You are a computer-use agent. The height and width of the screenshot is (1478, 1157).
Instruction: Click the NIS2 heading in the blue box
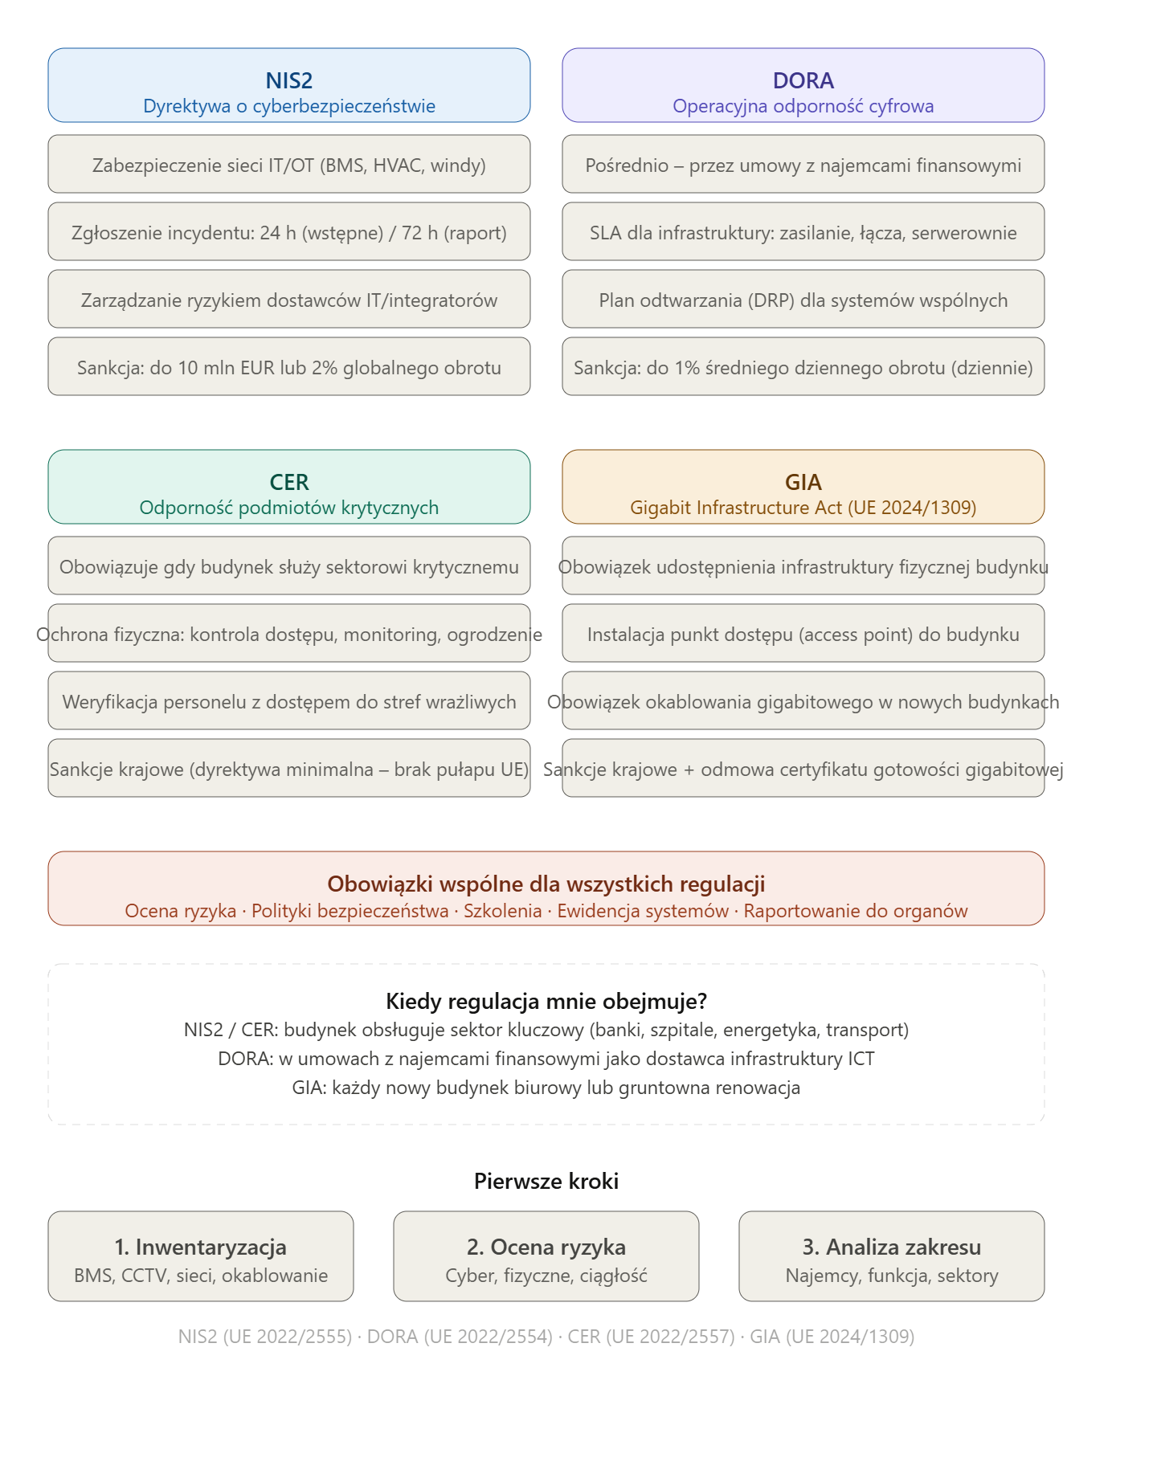[x=289, y=80]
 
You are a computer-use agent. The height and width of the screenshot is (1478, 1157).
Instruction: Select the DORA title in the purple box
[x=803, y=80]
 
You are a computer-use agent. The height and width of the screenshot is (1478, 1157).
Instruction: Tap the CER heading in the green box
[x=289, y=482]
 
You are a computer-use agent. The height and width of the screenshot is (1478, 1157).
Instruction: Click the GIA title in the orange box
[x=803, y=482]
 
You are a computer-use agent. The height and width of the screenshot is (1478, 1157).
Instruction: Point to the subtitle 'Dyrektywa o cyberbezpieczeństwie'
[x=289, y=106]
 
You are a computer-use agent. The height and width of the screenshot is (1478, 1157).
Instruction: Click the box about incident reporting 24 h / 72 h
[x=289, y=231]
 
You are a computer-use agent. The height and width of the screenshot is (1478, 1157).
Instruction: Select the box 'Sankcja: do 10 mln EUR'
[x=289, y=366]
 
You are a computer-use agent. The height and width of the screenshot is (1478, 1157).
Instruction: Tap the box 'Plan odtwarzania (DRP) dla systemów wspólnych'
[x=803, y=299]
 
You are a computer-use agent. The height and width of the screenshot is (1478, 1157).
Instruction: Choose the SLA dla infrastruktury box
[x=803, y=231]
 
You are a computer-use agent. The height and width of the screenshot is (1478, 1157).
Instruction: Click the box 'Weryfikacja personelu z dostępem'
[x=289, y=700]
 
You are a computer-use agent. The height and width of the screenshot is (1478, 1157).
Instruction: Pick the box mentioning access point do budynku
[x=803, y=633]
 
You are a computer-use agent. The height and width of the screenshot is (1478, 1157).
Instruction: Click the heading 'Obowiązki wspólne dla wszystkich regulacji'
[x=546, y=884]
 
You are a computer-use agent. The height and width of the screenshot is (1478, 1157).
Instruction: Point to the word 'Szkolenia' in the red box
[x=503, y=911]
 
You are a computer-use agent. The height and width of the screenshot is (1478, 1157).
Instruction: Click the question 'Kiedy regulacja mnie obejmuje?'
[x=546, y=1001]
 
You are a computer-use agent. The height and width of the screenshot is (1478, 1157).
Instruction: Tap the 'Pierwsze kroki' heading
[x=546, y=1181]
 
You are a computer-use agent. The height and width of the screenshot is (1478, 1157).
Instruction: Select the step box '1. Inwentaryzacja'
[x=201, y=1256]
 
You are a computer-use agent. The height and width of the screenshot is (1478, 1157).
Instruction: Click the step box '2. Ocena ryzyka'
[x=546, y=1256]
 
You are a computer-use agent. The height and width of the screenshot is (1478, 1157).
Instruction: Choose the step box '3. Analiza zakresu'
[x=892, y=1256]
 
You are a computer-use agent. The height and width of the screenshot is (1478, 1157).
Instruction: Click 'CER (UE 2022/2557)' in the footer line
[x=652, y=1337]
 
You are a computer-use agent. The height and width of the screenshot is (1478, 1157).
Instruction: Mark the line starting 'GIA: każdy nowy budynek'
[x=546, y=1088]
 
